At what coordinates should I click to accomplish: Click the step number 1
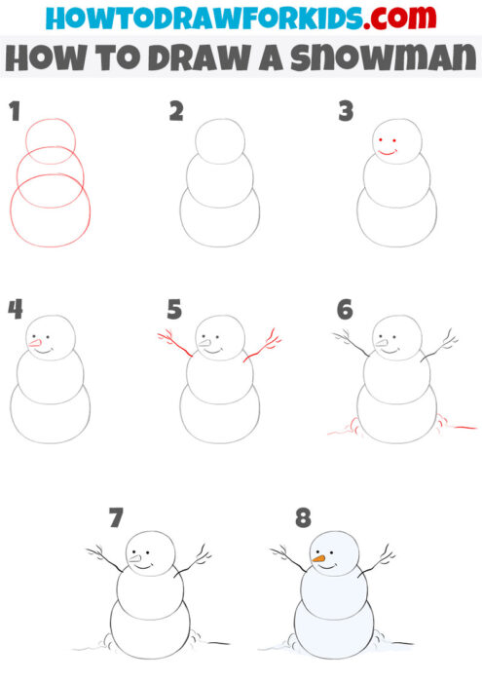click(x=15, y=111)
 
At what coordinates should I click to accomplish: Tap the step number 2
click(x=176, y=111)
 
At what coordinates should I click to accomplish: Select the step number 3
click(x=345, y=111)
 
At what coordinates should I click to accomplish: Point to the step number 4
click(x=15, y=309)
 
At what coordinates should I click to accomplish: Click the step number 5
click(x=174, y=310)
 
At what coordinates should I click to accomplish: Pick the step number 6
click(x=345, y=310)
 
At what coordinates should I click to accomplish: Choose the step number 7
click(x=116, y=516)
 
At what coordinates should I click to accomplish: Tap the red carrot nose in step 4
click(x=36, y=342)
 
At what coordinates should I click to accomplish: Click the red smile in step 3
click(x=388, y=153)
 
